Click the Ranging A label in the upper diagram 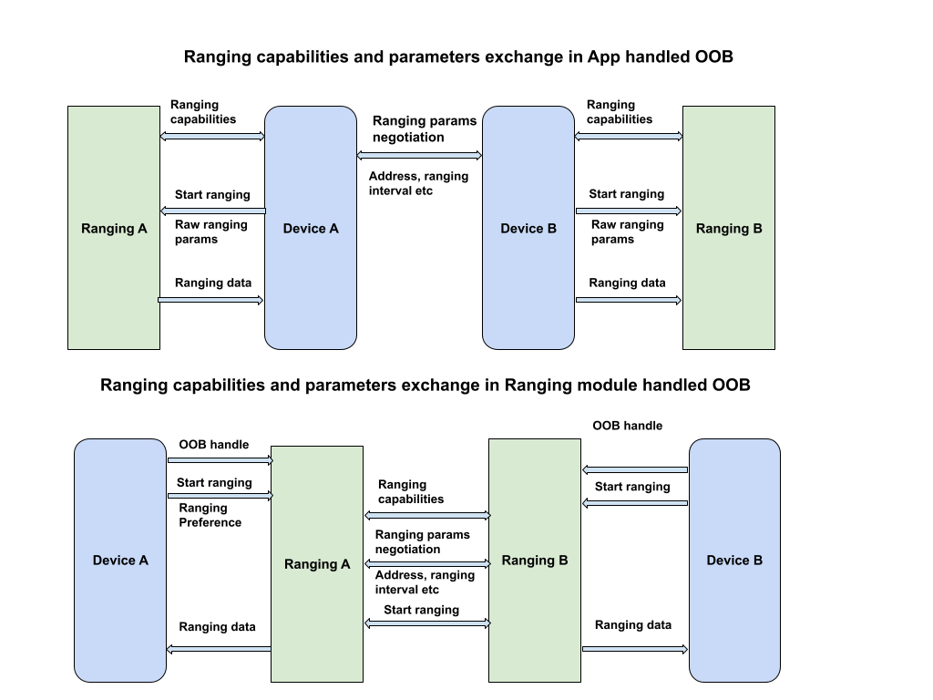114,229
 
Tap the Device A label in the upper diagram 311,229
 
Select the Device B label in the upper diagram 528,229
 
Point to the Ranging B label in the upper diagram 729,229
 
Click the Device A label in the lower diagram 120,561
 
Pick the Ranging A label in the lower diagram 317,564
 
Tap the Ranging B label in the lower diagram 535,561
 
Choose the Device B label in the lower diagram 734,561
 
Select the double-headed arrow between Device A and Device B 419,156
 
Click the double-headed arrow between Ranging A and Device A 212,137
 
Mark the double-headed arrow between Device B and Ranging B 629,137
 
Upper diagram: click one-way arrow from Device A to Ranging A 212,211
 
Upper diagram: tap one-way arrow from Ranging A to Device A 210,300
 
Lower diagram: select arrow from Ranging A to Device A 220,649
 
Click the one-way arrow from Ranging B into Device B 635,649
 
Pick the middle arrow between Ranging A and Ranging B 427,564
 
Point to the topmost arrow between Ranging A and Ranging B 427,516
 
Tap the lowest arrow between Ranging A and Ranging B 427,623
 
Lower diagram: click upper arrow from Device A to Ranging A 220,460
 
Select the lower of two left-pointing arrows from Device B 635,503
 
